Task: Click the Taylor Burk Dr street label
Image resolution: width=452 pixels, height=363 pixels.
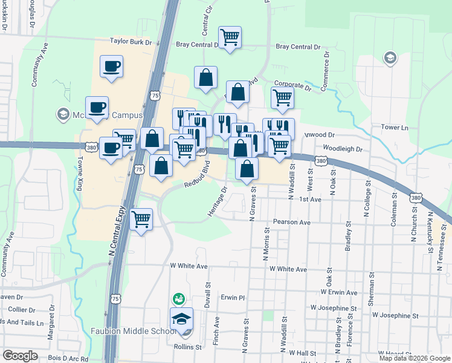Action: coord(131,42)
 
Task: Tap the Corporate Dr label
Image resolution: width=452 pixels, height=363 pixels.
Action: coord(292,87)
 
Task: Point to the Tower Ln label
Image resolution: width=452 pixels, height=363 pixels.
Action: coord(395,128)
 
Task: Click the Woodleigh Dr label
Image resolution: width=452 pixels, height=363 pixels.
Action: coord(342,148)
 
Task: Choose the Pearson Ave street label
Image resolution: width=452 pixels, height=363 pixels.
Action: coord(291,222)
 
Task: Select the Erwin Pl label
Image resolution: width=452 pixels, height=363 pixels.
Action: coord(232,298)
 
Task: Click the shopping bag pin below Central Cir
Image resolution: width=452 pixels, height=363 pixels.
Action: coord(205,77)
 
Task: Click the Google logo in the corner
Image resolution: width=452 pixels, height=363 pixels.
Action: coord(20,356)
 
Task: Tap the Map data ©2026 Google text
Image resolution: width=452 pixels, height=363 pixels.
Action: coord(415,358)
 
